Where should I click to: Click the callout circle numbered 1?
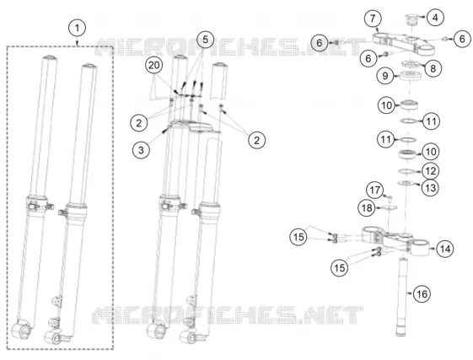pyautogui.click(x=77, y=28)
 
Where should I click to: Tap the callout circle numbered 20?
pyautogui.click(x=153, y=65)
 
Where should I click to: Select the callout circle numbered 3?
pyautogui.click(x=141, y=150)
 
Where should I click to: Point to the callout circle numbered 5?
pyautogui.click(x=205, y=40)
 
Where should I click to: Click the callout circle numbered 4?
pyautogui.click(x=435, y=18)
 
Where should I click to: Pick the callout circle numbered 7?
pyautogui.click(x=373, y=19)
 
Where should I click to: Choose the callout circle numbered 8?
pyautogui.click(x=433, y=68)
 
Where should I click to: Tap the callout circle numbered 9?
pyautogui.click(x=385, y=75)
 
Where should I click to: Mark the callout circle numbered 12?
pyautogui.click(x=431, y=171)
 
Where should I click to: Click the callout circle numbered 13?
pyautogui.click(x=431, y=188)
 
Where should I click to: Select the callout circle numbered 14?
pyautogui.click(x=445, y=249)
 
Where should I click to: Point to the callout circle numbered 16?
pyautogui.click(x=422, y=293)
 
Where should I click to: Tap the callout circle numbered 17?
pyautogui.click(x=375, y=190)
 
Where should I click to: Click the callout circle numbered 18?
pyautogui.click(x=367, y=208)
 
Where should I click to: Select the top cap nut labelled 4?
pyautogui.click(x=411, y=19)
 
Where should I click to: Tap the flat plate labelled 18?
pyautogui.click(x=390, y=207)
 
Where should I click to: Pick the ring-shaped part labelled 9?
pyautogui.click(x=411, y=75)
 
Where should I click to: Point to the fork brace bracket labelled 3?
pyautogui.click(x=193, y=126)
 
